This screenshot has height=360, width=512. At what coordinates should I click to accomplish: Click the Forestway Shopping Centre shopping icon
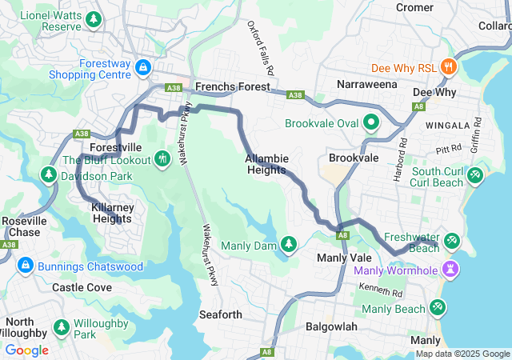tap(143, 67)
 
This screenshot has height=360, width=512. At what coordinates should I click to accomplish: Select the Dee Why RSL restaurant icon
tap(448, 68)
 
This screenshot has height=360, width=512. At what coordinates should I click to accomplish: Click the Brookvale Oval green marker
tap(371, 123)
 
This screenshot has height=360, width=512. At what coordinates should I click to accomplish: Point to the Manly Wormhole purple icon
tap(451, 270)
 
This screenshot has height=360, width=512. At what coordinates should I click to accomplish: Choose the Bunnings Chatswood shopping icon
tap(25, 266)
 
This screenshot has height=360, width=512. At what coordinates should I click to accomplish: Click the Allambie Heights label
tap(266, 164)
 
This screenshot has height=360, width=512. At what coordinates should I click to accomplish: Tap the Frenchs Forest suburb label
tap(234, 86)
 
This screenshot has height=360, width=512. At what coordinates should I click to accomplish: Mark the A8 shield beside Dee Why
tap(418, 106)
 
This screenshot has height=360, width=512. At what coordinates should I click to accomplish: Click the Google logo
tap(27, 350)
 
